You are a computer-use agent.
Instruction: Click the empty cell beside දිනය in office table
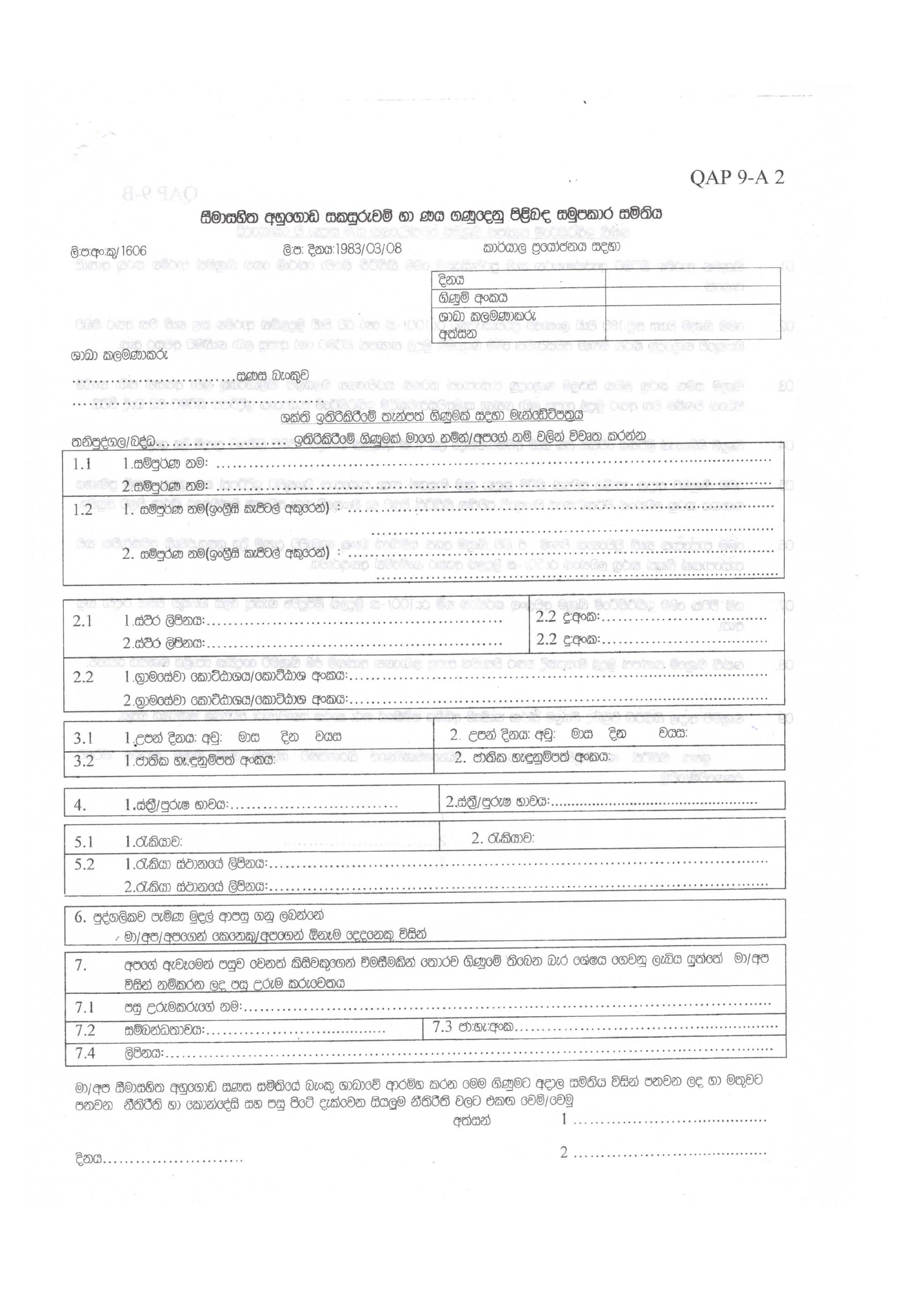coord(692,279)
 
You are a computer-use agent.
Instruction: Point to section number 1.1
coord(82,464)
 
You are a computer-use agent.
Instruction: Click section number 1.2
coord(82,510)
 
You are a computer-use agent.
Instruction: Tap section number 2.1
coord(82,621)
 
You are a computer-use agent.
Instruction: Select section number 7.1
coord(84,1007)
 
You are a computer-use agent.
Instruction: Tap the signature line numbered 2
coord(670,1152)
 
